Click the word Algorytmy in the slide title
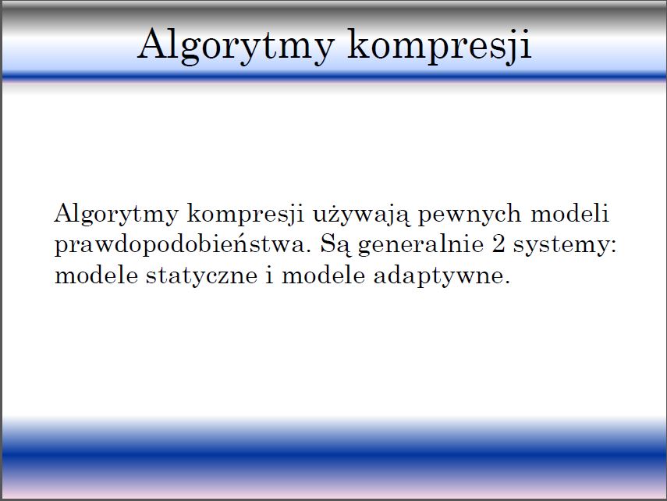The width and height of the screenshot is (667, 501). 236,46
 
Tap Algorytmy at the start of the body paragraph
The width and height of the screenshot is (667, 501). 116,215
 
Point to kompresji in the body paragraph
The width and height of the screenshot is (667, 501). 246,215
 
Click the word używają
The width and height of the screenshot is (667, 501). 361,215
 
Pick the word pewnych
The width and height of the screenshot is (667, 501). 470,215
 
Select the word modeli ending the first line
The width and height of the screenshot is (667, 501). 569,213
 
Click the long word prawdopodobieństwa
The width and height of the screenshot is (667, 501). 180,245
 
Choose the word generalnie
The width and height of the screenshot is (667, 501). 421,246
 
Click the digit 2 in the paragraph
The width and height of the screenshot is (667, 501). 498,244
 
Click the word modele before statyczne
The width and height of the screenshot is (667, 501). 96,275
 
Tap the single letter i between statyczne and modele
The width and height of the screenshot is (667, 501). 269,275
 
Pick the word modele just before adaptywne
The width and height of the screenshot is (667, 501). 323,275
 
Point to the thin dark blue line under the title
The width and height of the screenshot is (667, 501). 334,77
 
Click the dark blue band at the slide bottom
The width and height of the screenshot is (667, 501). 334,457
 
